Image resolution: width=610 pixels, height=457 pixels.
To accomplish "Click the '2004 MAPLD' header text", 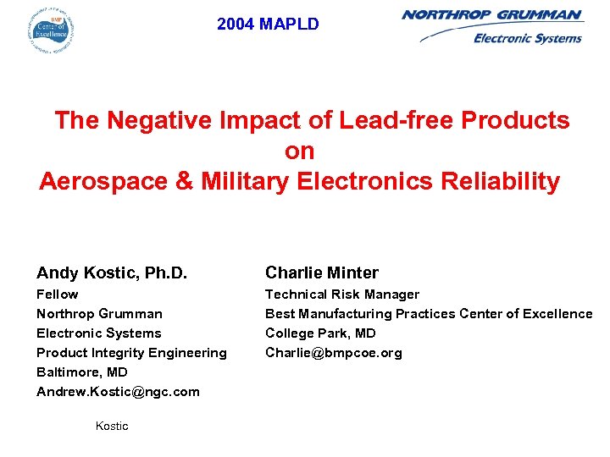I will pos(268,25).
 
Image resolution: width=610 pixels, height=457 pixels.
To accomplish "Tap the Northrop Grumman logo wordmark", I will pos(491,14).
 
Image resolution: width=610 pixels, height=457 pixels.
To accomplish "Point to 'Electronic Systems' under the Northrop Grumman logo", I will pos(527,38).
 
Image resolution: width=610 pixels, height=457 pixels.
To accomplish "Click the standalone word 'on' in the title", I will pos(300,151).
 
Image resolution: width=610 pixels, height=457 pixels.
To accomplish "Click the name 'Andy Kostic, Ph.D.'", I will pos(112,273).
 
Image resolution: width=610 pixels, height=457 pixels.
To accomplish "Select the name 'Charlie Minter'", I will pos(322,273).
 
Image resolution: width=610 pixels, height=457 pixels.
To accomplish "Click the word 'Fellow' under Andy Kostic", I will pos(58,295).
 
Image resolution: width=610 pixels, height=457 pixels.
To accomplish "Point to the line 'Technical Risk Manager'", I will pos(342,295).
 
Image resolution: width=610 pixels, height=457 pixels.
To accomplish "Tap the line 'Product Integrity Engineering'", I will pos(131,353).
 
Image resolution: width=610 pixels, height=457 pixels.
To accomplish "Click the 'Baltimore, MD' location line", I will pos(82,372).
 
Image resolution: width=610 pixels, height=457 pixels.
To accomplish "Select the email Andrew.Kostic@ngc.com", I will pos(118,392).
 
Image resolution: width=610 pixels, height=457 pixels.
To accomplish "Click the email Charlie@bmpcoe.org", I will pos(334,353).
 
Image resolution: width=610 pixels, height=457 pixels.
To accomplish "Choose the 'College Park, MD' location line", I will pos(320,333).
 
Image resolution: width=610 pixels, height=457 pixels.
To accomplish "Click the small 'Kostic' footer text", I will pos(112,427).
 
